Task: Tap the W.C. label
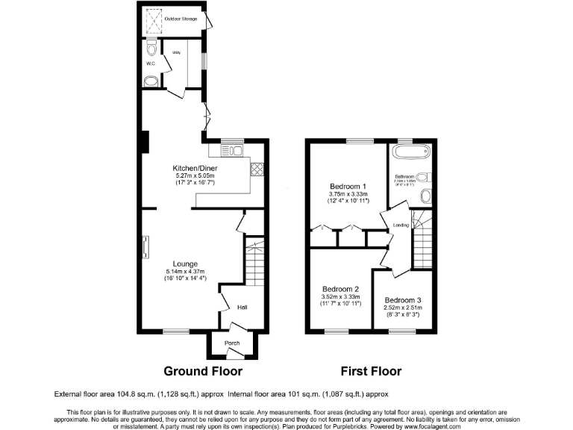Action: (149, 63)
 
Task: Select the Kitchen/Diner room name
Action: (195, 168)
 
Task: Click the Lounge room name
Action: (185, 264)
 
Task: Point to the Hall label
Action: (242, 307)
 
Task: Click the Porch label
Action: (232, 343)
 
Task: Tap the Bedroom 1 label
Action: (348, 186)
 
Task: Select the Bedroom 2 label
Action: (341, 289)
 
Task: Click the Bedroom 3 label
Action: (404, 299)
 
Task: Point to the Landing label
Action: (401, 224)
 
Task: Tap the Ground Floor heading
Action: (203, 371)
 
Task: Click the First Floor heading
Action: (371, 371)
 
